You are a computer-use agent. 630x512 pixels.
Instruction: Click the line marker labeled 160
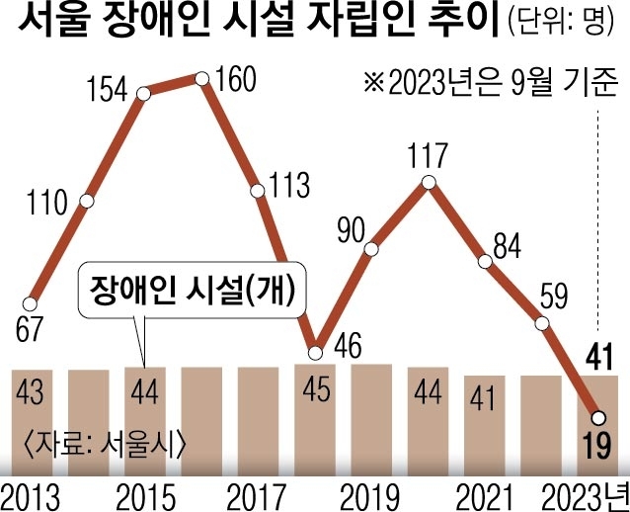pyautogui.click(x=201, y=77)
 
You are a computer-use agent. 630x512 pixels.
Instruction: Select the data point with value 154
pyautogui.click(x=144, y=94)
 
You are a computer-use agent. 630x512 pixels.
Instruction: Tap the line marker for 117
pyautogui.click(x=428, y=182)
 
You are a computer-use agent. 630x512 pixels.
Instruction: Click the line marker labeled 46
pyautogui.click(x=315, y=352)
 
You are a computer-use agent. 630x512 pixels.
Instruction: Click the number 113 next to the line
pyautogui.click(x=290, y=184)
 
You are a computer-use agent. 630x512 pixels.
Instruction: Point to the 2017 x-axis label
pyautogui.click(x=258, y=494)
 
